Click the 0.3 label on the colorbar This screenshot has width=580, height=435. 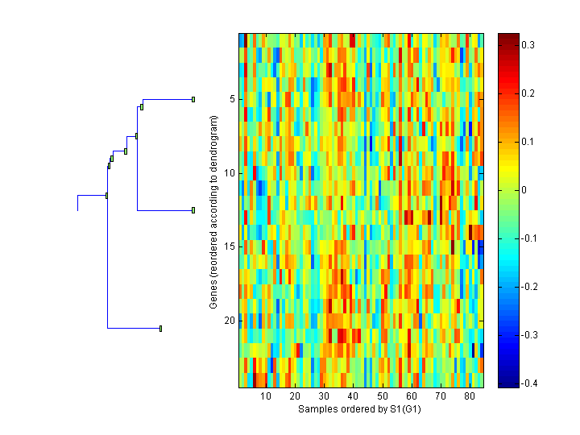coord(528,45)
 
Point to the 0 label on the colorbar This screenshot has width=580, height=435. coord(526,190)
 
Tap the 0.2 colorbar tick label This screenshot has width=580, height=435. coord(528,93)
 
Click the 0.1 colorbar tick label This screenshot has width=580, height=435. coord(528,142)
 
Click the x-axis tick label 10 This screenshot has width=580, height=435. coord(266,397)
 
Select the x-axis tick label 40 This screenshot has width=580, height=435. coord(353,397)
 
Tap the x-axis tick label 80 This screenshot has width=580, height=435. coord(469,397)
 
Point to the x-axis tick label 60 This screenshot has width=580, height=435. coord(411,397)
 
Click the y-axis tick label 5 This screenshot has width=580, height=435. coord(231,99)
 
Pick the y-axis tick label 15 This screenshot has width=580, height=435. coord(229,246)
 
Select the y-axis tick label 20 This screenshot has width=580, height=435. coord(229,321)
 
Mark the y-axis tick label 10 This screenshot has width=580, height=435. coord(229,173)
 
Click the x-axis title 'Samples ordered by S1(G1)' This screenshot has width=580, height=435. coord(360,409)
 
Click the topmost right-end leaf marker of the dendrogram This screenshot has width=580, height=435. coord(193,99)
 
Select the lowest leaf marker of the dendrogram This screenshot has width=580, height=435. coord(161,328)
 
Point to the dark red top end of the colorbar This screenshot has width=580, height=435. coord(508,37)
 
